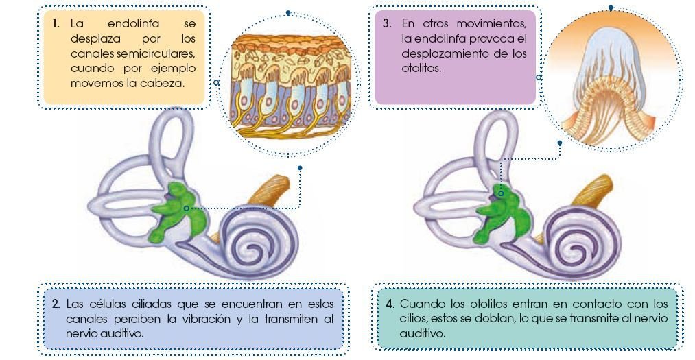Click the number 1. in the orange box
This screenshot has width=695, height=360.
click(x=56, y=23)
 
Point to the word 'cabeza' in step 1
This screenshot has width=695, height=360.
click(x=175, y=84)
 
